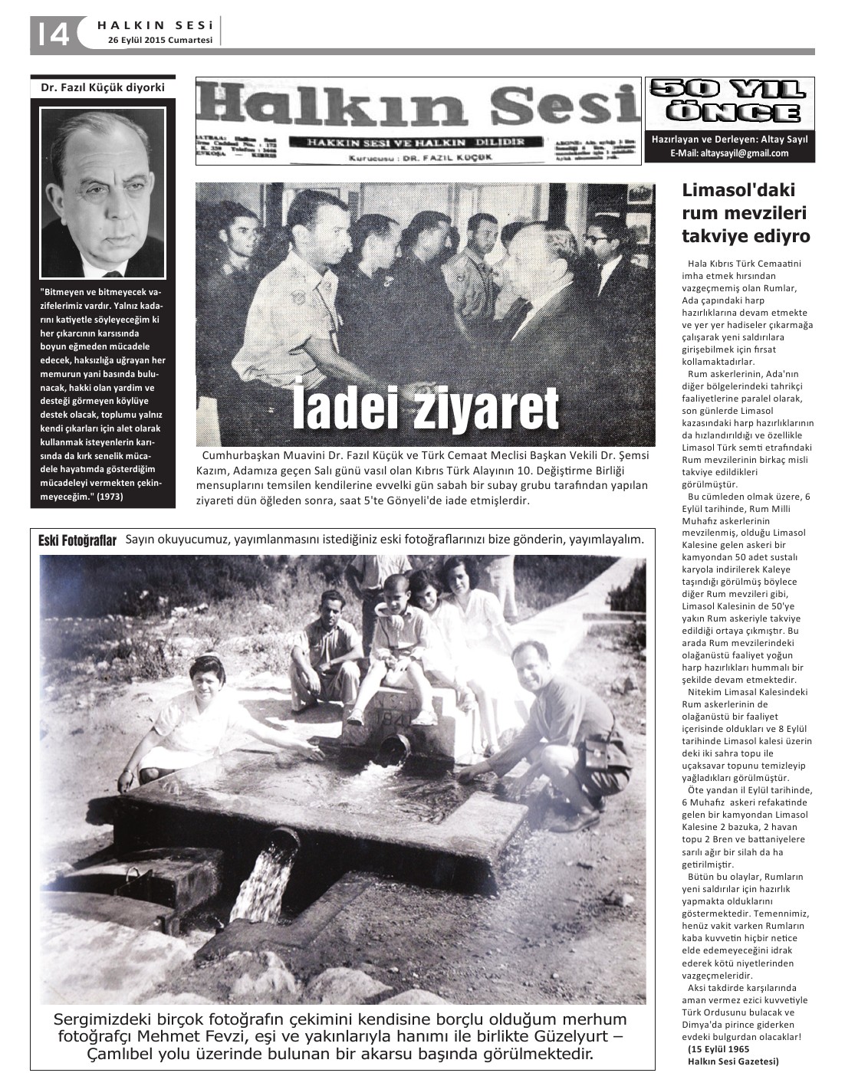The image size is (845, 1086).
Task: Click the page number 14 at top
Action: (51, 34)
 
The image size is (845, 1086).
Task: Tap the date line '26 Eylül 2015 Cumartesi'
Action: (159, 41)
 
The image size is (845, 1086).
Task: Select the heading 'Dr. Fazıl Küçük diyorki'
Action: (103, 87)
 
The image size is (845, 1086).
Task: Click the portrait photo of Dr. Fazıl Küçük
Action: (103, 192)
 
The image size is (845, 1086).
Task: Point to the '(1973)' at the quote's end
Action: (110, 496)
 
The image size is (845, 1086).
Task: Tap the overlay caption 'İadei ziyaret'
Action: (426, 408)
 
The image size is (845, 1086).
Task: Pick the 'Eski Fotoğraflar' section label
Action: (77, 541)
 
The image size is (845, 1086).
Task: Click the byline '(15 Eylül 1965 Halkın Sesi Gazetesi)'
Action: (732, 1055)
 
